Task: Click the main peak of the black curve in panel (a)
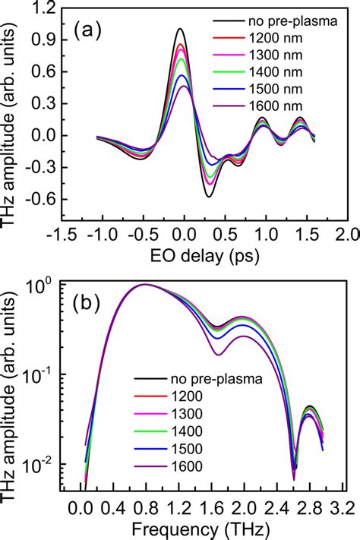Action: pos(180,30)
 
